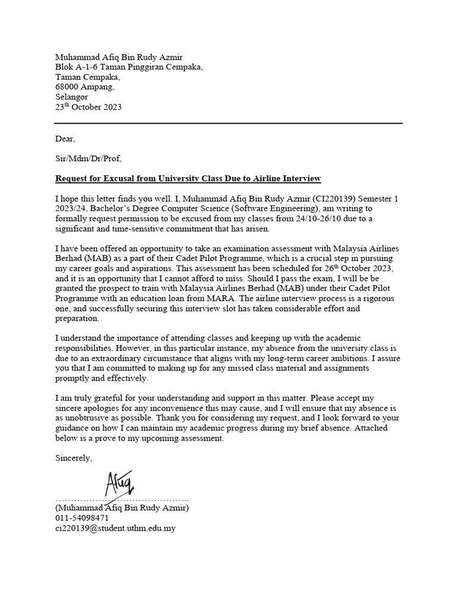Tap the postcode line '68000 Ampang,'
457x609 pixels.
[85, 87]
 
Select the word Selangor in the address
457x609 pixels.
[71, 97]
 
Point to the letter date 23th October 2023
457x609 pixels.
[89, 107]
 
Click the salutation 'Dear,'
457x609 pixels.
[65, 139]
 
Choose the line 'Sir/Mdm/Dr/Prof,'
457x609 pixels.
[88, 159]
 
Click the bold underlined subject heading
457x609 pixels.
[188, 178]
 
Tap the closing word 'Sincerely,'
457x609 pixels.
[74, 458]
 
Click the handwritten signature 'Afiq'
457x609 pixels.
[122, 483]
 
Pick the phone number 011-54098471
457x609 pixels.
[82, 518]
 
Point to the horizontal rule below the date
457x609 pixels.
[228, 123]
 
